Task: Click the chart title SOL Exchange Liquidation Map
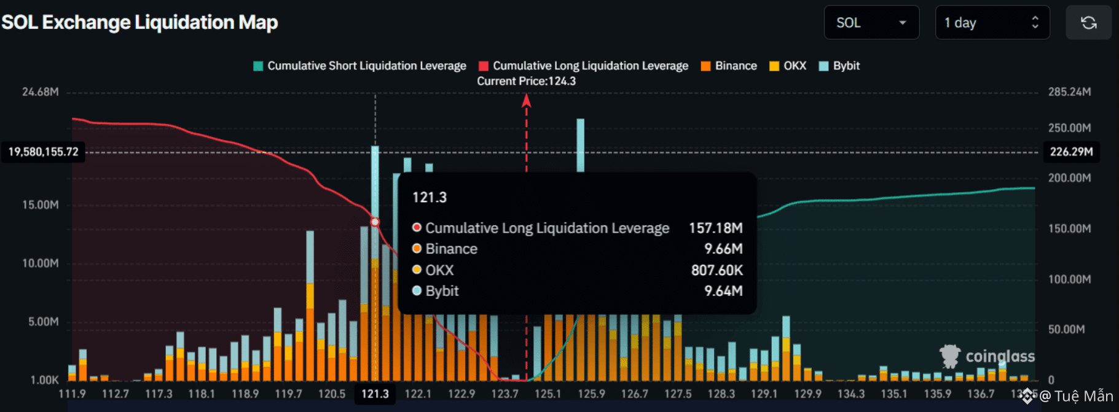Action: (139, 23)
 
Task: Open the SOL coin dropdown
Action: (871, 23)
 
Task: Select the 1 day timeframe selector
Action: (992, 23)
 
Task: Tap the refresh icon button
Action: (1088, 23)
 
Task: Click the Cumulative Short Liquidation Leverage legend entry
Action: (360, 66)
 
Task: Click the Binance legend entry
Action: (729, 66)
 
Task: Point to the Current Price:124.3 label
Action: (526, 81)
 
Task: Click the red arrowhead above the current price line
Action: (527, 101)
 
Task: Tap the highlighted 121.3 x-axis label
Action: (375, 394)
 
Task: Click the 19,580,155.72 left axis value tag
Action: (44, 152)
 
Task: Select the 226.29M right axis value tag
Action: (1071, 152)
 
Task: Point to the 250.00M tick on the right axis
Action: (1069, 128)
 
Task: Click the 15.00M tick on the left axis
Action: (41, 204)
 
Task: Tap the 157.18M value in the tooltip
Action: (715, 228)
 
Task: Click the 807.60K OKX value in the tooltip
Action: (717, 270)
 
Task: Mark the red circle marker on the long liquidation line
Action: (375, 222)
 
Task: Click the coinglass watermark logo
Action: (987, 356)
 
